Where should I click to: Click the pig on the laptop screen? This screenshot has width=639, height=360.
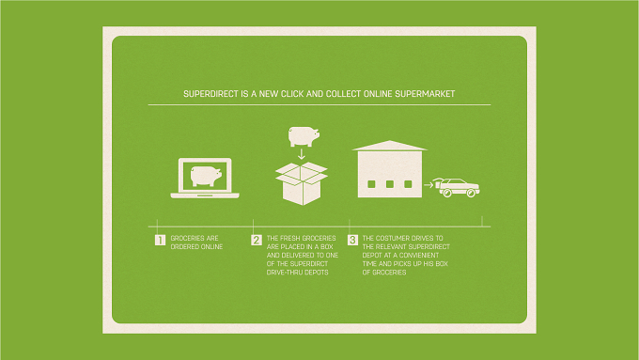coord(206,176)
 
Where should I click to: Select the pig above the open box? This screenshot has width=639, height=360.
coord(304,136)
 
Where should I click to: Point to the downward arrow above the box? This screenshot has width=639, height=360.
coord(301,154)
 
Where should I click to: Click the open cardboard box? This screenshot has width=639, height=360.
coord(302,183)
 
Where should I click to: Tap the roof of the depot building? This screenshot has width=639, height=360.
coord(390,146)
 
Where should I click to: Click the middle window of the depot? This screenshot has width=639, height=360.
coord(390,184)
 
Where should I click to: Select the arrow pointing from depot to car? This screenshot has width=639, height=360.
coord(429,185)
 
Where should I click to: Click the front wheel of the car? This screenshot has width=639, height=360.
coord(471,194)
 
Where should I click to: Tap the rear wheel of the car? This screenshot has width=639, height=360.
coord(446,194)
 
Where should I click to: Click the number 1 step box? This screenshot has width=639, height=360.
coord(160,240)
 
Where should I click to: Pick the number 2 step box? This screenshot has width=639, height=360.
coord(257,240)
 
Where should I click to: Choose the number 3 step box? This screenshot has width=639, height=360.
coord(352,240)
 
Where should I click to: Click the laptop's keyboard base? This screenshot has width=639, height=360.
coord(205,196)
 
